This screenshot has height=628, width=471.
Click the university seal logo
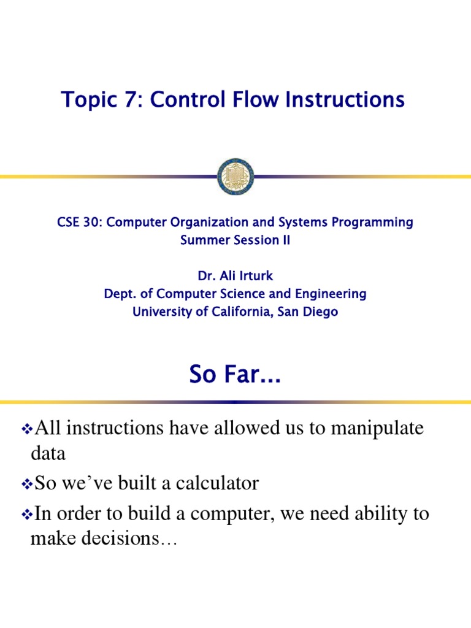click(235, 177)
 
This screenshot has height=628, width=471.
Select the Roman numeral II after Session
click(285, 240)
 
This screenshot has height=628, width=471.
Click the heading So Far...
click(235, 375)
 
